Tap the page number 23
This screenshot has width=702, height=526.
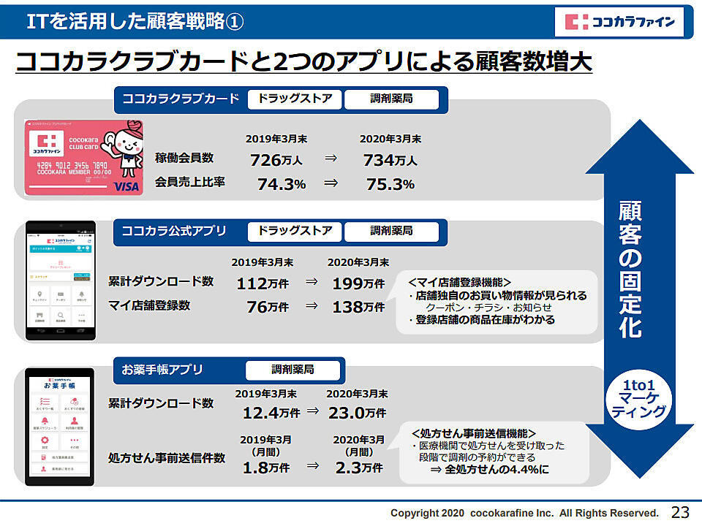point(680,511)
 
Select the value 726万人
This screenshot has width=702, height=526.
point(276,160)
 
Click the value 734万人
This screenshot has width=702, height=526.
point(390,160)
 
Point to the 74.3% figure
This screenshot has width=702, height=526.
point(281,184)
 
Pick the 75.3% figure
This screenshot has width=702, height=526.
point(390,184)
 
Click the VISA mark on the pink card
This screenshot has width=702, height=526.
point(126,187)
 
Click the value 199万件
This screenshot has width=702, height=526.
point(358,283)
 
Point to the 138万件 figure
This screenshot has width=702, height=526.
point(358,307)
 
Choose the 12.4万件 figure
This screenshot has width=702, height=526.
point(271,413)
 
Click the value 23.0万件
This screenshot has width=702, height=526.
point(357,413)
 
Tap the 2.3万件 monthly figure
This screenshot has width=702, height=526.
point(358,467)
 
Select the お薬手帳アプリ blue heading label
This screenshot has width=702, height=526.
point(162,370)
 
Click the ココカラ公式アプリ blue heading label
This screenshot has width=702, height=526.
point(174,231)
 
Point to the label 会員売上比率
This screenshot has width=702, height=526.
point(190,183)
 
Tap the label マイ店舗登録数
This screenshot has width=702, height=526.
point(149,305)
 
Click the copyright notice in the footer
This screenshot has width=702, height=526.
point(524,513)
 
